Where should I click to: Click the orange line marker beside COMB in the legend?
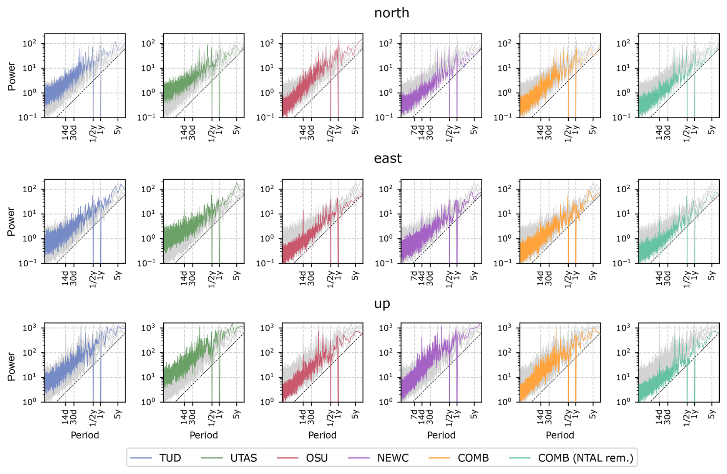439,458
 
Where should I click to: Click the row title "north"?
392,13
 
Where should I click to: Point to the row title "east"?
388,158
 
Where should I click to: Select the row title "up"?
382,304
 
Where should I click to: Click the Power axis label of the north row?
12,76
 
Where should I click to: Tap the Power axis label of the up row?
12,367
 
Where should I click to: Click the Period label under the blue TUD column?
85,435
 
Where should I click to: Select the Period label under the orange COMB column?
560,435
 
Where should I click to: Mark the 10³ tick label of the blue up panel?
29,328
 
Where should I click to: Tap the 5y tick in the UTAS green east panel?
237,275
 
